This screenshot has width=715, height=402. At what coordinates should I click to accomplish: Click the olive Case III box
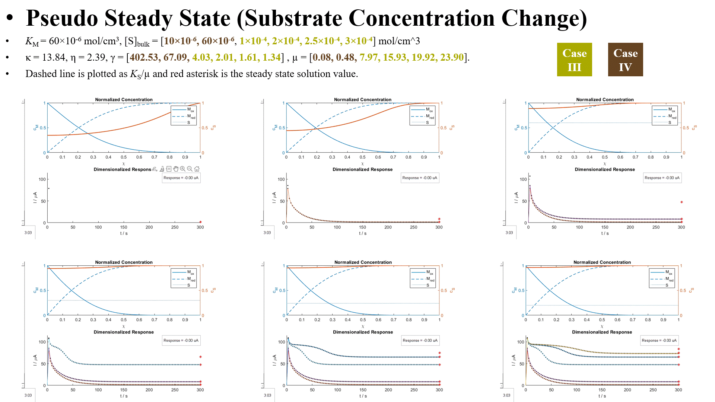click(574, 60)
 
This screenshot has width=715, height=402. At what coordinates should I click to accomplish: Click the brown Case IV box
click(625, 60)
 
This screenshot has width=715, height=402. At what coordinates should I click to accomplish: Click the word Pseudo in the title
click(62, 18)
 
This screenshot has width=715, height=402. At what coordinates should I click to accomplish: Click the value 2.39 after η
click(96, 57)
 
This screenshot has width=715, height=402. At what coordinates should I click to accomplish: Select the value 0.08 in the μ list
click(322, 57)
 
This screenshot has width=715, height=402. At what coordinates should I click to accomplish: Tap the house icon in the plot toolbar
click(197, 169)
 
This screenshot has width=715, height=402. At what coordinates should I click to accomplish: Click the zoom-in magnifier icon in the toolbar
click(182, 169)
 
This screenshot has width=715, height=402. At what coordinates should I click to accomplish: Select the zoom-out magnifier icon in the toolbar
click(190, 169)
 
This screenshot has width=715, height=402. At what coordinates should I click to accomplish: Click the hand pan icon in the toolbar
click(176, 169)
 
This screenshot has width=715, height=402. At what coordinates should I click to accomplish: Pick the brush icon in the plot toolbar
click(162, 169)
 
